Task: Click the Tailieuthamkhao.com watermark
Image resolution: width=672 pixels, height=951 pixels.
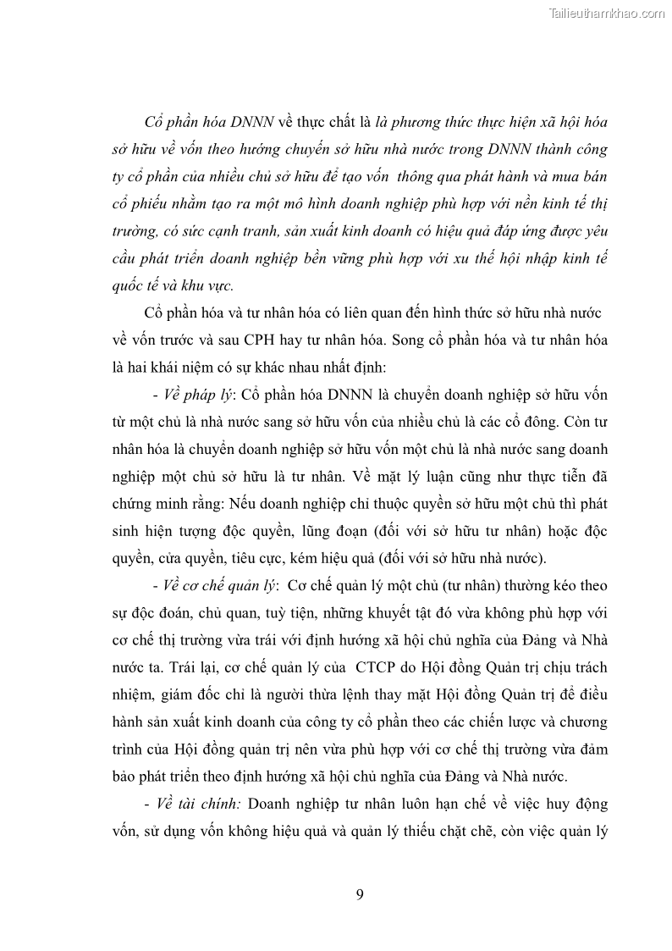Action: click(607, 13)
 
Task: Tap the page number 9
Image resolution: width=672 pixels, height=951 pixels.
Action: click(360, 895)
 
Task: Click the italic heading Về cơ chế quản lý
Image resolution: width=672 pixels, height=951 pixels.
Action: click(213, 586)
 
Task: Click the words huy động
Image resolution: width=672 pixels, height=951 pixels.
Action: click(583, 803)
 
